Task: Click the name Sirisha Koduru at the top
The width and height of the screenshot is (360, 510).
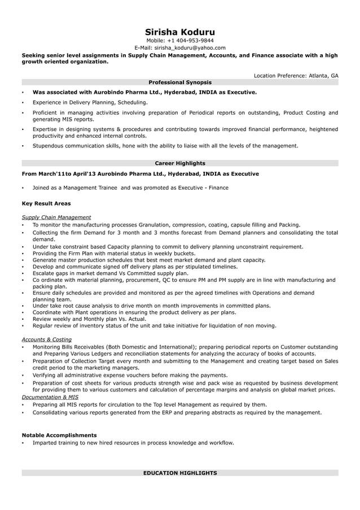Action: click(180, 32)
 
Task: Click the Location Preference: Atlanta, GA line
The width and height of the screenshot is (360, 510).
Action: click(296, 75)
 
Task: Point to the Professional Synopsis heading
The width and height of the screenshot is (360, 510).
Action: click(180, 82)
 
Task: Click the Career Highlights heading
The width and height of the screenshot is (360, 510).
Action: click(180, 163)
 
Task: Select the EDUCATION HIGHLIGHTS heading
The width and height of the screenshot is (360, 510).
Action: click(180, 473)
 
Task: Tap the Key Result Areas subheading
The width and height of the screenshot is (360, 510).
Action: click(46, 203)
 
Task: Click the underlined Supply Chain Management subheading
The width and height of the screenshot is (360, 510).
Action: click(56, 217)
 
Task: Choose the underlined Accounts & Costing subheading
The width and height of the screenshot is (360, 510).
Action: click(47, 339)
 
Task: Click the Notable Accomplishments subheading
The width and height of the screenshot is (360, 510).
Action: click(59, 435)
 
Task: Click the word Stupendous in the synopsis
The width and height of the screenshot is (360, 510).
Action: click(49, 146)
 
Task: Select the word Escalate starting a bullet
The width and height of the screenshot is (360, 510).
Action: click(44, 273)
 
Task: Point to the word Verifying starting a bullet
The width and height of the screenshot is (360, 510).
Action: click(45, 375)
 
